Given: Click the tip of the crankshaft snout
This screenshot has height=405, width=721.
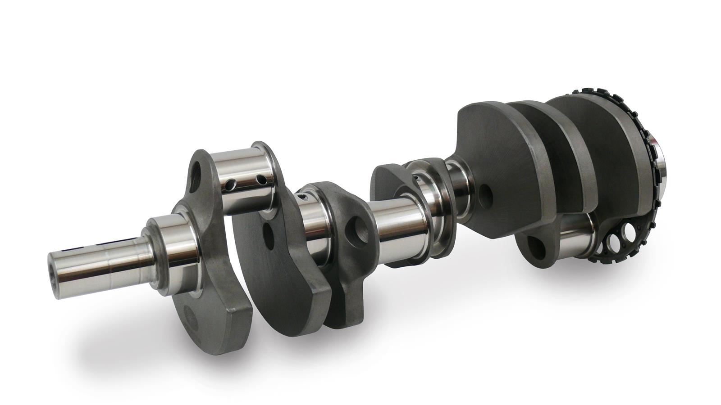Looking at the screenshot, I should pos(55,275).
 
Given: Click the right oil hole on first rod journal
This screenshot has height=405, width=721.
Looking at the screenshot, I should pos(260,180).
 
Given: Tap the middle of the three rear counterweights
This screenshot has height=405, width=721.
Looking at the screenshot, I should pos(559,148).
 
